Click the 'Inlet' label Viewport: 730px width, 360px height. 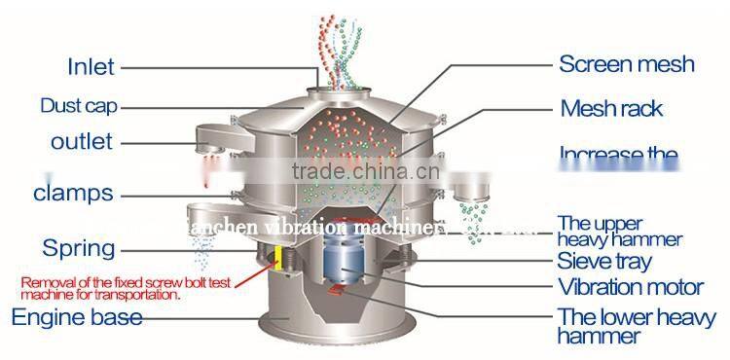coord(91,67)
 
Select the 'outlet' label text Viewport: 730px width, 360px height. coord(82,141)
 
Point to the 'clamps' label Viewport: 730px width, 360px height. coord(73,192)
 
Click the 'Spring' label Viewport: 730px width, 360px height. coord(74,248)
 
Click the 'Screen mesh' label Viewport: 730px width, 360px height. coord(626,65)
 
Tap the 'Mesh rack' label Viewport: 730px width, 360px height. coord(611,107)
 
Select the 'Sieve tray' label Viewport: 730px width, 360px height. coord(603,261)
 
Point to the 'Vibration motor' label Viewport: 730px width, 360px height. coord(630,287)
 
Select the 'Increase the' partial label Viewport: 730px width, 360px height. coord(617,154)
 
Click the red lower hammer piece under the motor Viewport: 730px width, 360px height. coord(338,289)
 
